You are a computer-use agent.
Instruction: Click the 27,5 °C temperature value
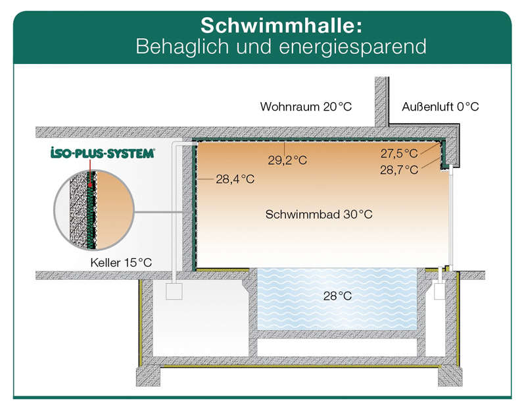[399, 153]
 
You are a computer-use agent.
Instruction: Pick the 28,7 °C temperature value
[399, 169]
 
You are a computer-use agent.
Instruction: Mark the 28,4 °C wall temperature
[235, 178]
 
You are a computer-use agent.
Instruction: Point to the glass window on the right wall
[453, 217]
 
